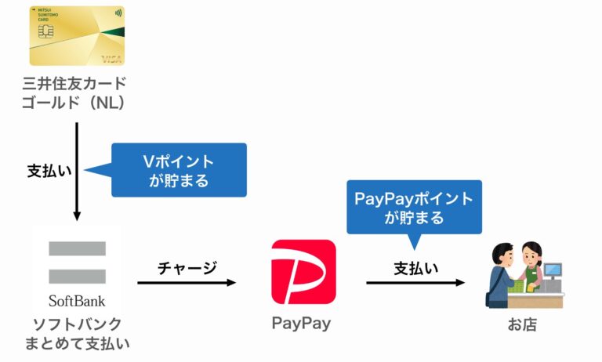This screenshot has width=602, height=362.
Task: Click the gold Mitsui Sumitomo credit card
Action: [x=77, y=36]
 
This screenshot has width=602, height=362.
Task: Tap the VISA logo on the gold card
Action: [x=111, y=60]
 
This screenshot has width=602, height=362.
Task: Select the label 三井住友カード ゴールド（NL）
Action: [x=77, y=92]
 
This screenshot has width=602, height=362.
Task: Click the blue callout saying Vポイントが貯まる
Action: [x=179, y=170]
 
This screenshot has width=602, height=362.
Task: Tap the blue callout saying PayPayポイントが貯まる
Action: [x=414, y=207]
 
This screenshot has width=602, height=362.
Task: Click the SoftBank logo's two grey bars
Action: [x=77, y=262]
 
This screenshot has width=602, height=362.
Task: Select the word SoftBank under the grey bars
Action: [x=77, y=301]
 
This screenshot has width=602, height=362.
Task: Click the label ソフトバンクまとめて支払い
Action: [x=77, y=333]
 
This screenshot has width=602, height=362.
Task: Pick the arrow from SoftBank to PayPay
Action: [x=186, y=282]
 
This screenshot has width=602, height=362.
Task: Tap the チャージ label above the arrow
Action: [x=187, y=266]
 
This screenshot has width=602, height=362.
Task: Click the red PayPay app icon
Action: [x=303, y=271]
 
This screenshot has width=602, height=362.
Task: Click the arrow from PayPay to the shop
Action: [x=415, y=282]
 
